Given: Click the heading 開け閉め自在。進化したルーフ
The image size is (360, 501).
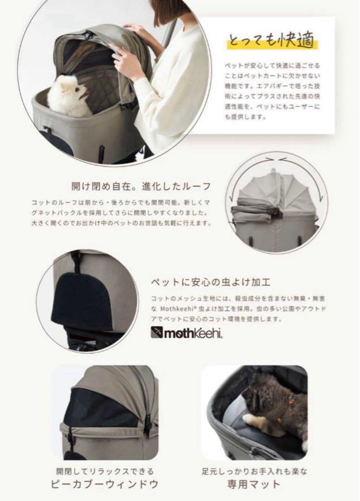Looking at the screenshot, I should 141,186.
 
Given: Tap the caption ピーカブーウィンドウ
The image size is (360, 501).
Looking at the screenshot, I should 104,484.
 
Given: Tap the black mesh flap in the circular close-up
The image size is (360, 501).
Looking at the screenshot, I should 82,302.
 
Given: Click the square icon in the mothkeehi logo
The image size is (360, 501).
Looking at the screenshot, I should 157,333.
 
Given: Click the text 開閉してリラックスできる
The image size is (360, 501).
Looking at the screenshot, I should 104,471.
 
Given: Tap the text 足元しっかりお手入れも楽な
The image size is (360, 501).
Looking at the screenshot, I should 254,471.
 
